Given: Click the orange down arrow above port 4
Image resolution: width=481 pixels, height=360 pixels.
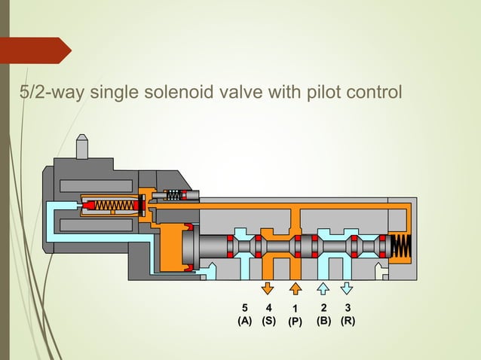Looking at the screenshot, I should coord(268,288).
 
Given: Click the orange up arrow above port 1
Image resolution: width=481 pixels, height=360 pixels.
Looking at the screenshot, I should coord(296,288).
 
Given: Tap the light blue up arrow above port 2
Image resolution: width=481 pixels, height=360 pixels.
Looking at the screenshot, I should coord(322,288).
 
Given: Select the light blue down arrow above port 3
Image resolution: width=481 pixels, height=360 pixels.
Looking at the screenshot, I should coord(347,288).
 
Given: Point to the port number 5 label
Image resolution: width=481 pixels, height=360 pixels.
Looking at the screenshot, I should coord(244,307).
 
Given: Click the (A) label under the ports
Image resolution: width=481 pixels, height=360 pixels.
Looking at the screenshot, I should coord(244,320).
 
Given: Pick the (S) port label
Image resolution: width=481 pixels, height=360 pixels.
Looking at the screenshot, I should coord(268,320).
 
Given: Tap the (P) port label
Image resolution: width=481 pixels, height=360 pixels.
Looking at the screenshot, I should coord(295,322).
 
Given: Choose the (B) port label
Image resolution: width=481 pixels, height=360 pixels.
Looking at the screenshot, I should coord(323,320).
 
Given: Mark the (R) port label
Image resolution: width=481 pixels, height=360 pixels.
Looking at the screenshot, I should coord(348,320).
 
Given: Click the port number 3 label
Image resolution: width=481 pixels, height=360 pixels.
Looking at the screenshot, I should coord(347,307).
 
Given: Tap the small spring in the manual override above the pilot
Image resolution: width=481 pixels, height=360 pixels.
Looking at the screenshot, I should coord(173,195).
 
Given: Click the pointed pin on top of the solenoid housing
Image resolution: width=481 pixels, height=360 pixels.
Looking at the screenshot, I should coord(83,146).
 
